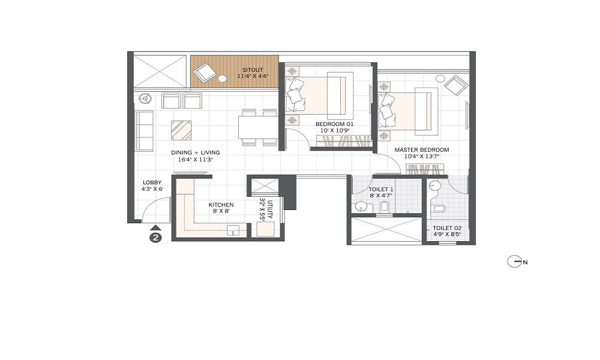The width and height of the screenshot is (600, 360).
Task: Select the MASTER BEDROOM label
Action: pos(422,150)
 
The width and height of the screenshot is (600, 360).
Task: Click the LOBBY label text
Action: pos(152,182)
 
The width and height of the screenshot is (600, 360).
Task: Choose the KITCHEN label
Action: pos(221,205)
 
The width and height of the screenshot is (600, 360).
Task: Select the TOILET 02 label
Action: pos(446,228)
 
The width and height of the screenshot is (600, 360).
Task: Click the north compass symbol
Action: pos(514,262)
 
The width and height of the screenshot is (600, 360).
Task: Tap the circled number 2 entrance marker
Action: pos(155,238)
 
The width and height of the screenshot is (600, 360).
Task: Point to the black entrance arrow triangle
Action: pos(155,227)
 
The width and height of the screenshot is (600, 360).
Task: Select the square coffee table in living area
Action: pos(181,129)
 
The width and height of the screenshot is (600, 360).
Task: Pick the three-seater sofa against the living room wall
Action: pos(144,131)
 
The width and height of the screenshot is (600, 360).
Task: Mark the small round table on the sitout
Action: pos(223,79)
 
